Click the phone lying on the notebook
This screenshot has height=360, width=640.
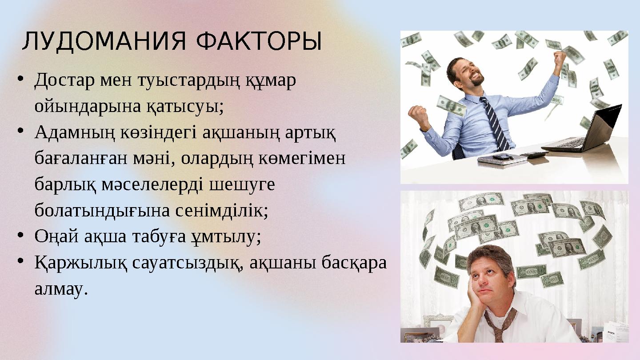(503, 156)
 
